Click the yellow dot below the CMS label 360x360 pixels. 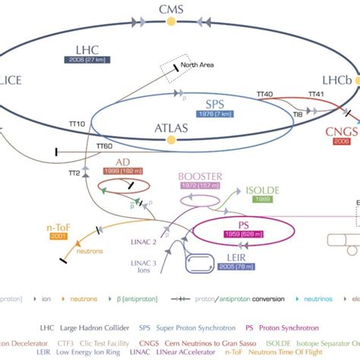point(170,23)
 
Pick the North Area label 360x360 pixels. point(197,65)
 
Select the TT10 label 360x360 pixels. point(77,123)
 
